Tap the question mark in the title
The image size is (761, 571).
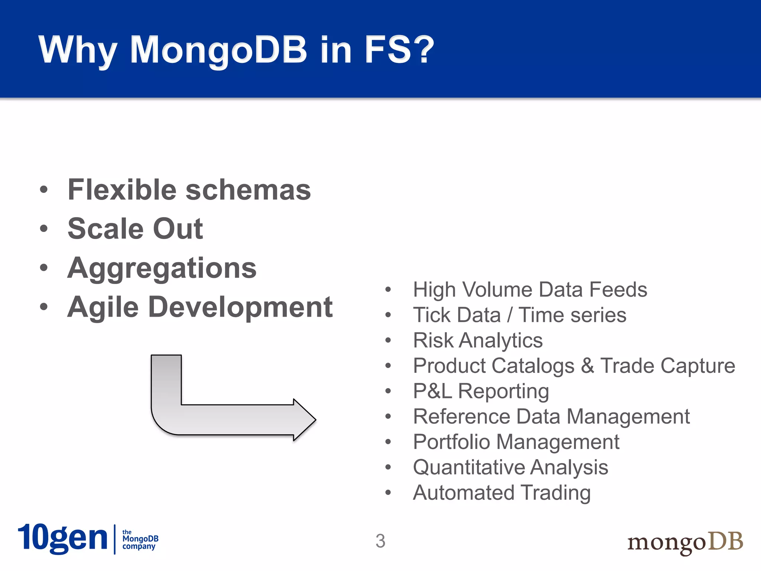421,49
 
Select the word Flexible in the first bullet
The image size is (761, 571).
123,190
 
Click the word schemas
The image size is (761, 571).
248,190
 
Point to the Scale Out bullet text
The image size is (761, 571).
135,229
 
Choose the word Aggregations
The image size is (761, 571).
162,268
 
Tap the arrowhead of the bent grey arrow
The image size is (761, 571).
304,420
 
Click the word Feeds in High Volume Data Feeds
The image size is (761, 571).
618,290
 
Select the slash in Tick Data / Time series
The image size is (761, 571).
509,315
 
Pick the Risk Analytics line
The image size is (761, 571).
478,341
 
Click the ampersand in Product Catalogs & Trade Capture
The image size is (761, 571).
587,366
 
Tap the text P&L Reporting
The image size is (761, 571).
481,391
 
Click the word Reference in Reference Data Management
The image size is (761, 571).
461,416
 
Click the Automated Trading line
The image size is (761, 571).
502,493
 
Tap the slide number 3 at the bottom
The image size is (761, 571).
380,541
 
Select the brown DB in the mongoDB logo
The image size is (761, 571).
725,541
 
